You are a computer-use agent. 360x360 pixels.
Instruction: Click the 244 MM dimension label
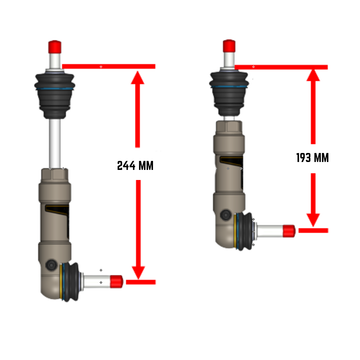pyautogui.click(x=136, y=164)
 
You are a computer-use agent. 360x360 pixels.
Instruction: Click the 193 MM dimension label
pyautogui.click(x=314, y=157)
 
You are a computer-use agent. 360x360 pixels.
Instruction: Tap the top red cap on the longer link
pyautogui.click(x=56, y=47)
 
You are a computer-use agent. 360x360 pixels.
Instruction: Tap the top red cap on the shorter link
pyautogui.click(x=229, y=46)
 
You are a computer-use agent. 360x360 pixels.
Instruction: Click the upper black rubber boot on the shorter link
pyautogui.click(x=229, y=88)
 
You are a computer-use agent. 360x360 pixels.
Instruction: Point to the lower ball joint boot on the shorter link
pyautogui.click(x=241, y=230)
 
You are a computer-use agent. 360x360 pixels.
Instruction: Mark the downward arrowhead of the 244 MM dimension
pyautogui.click(x=137, y=271)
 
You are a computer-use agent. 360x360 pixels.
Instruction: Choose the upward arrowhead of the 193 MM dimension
pyautogui.click(x=315, y=77)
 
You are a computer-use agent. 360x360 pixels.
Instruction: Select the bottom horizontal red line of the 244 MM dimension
pyautogui.click(x=140, y=282)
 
